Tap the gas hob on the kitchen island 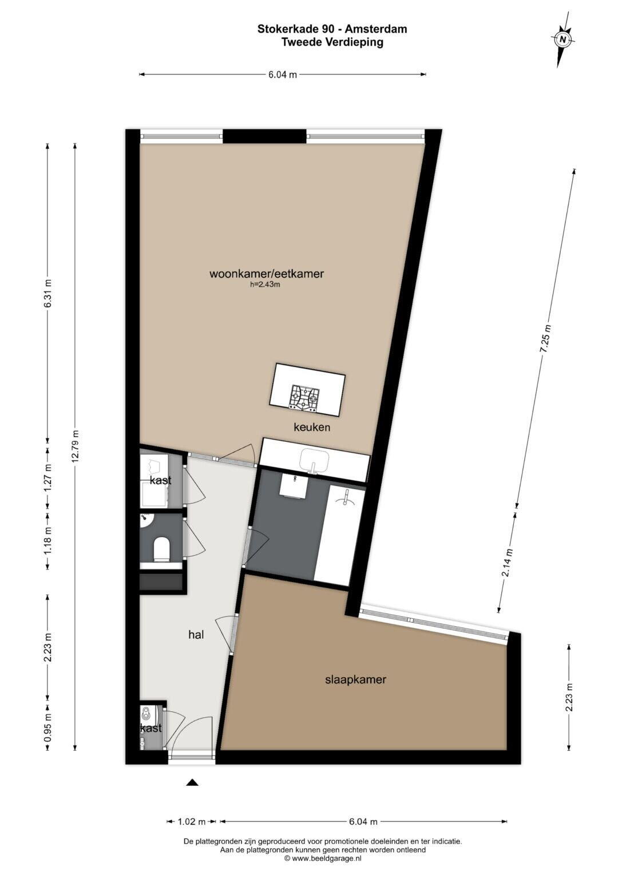point(304,397)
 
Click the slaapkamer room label point(355,680)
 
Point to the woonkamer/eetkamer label point(267,274)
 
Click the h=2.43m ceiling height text point(266,284)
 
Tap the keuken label point(312,427)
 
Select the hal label point(196,635)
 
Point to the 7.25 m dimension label point(545,339)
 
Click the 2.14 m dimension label point(507,563)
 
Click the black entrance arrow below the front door point(192,781)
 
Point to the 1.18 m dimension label point(48,541)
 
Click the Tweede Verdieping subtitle point(332,42)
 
